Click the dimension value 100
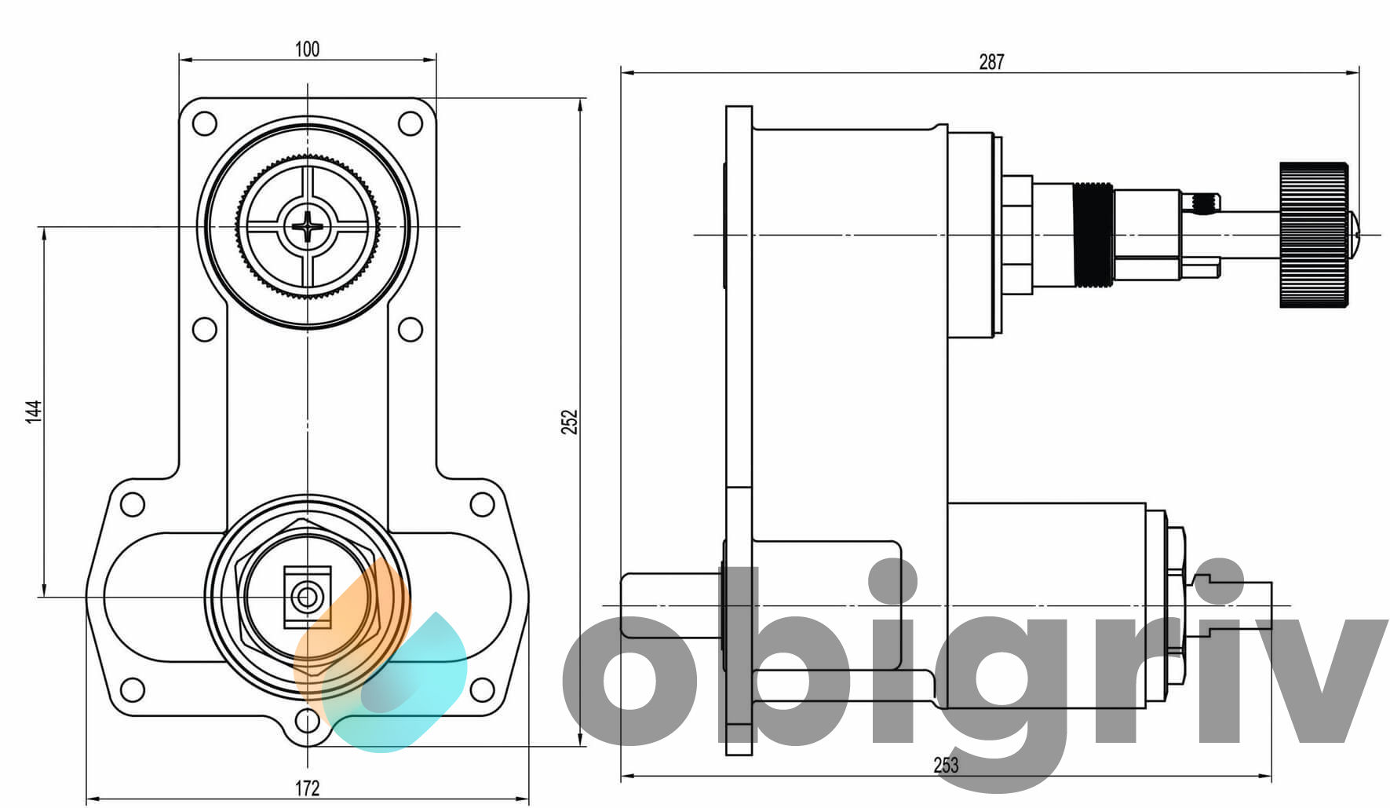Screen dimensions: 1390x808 click(x=307, y=49)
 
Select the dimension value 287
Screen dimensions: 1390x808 click(x=991, y=61)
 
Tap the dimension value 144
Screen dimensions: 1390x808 click(x=33, y=411)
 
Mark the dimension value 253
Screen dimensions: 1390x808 click(x=946, y=765)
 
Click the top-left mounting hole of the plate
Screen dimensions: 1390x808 click(x=204, y=123)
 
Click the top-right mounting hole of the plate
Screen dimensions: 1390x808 click(x=410, y=123)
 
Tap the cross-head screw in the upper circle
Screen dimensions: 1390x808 click(x=308, y=227)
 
